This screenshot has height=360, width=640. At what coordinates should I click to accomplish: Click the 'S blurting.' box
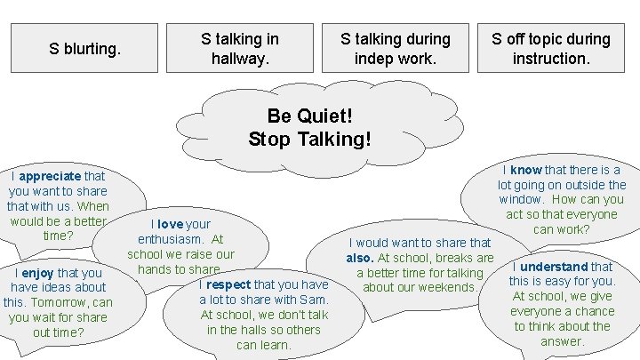click(86, 49)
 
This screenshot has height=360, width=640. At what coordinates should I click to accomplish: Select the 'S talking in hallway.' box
click(239, 49)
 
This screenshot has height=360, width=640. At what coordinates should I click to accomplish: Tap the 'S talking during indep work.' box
click(396, 49)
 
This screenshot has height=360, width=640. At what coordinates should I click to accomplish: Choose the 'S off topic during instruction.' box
click(552, 49)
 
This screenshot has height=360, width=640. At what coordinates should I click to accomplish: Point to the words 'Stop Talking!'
click(309, 139)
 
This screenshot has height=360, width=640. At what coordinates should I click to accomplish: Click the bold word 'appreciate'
click(51, 176)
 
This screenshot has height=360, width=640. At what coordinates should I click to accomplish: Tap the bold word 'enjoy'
click(40, 272)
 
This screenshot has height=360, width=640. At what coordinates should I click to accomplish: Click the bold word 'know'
click(526, 169)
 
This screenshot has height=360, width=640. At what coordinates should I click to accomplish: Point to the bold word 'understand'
click(554, 266)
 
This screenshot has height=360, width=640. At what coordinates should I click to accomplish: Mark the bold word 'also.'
click(364, 258)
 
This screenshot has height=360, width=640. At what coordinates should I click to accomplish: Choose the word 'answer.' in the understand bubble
click(563, 341)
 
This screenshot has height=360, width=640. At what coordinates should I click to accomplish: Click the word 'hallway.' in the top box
click(239, 60)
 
